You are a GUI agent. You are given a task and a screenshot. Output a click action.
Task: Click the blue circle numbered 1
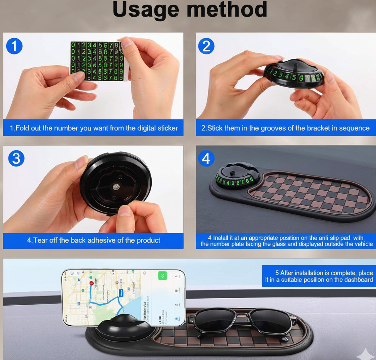pos(14,46)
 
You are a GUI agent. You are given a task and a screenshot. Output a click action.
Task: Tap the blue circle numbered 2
pos(206,46)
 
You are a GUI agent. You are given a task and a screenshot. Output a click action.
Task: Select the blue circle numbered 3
pos(16,159)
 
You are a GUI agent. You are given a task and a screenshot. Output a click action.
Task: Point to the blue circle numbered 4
pos(206,158)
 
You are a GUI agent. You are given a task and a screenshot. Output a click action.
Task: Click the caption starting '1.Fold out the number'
pos(93,128)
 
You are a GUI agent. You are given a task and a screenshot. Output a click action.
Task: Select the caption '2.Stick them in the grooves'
pos(285,128)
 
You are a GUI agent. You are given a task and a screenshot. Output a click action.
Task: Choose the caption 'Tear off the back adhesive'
pos(93,240)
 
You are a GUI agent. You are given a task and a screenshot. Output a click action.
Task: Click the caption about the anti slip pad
pos(286,241)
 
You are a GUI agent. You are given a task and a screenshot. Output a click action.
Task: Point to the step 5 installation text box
pos(319,276)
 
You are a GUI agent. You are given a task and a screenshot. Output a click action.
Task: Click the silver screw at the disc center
pos(115,187)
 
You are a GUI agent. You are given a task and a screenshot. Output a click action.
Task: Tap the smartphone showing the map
pos(124,297)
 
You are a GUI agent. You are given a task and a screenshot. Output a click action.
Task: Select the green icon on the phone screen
pos(163,276)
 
